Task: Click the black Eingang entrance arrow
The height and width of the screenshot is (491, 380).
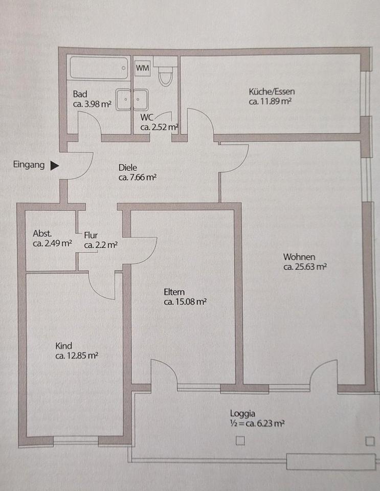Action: coord(55,166)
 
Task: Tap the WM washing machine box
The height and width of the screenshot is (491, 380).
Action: coord(142,68)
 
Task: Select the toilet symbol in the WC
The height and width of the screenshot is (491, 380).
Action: coord(165,76)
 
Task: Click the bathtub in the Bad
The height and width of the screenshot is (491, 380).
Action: coord(99,68)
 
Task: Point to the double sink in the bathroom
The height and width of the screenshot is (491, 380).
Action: coord(131,99)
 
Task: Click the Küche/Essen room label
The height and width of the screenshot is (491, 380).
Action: coord(272,92)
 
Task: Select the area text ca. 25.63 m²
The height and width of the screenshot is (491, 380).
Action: coord(305,266)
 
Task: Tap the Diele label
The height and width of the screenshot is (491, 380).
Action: coord(128,167)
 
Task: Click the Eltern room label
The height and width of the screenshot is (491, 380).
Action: coord(174,292)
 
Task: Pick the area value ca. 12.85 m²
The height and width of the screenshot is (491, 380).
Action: coord(77,356)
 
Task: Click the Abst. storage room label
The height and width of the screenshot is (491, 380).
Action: coord(43,233)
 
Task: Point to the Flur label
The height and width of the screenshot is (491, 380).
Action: coord(91,235)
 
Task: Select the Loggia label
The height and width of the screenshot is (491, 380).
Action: coord(242,414)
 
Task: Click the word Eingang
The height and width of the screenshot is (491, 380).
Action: coord(29,165)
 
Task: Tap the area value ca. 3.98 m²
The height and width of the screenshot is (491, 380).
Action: coord(92,104)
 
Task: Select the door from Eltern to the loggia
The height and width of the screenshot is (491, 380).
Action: coord(164,373)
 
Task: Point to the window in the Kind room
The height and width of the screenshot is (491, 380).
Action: coord(76,439)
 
